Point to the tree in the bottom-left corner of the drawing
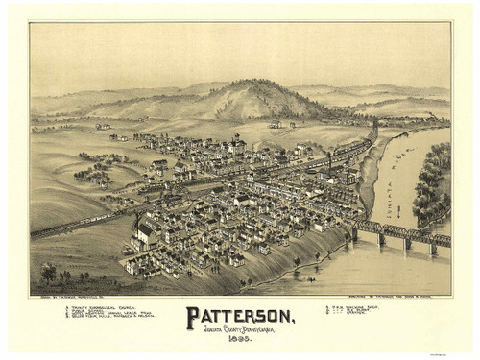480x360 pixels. point(48,273)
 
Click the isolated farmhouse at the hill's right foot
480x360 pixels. point(278,122)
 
